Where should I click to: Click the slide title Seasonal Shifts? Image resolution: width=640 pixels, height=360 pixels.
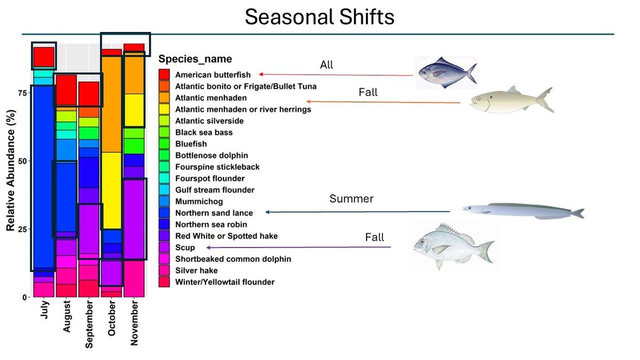point(319,17)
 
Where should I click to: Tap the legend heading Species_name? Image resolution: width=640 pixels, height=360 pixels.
point(195,59)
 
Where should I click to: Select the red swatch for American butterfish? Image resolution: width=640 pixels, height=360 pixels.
point(164,74)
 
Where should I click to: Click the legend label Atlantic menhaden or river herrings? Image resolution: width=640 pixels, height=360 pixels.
point(243,109)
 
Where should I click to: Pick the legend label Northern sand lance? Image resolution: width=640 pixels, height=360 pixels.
point(214,213)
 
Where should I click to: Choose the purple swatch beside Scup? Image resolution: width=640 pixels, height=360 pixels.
point(164,247)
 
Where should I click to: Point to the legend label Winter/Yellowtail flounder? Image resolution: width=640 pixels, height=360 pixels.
point(225,282)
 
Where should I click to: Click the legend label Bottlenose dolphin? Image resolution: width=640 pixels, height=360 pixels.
point(212,155)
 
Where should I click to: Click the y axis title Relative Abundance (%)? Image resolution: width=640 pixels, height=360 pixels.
point(10,170)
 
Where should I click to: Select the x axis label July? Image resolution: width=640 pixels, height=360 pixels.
point(44,309)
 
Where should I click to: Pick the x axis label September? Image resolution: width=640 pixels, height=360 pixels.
point(89,324)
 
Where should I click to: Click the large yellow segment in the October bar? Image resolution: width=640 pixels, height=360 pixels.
point(111,191)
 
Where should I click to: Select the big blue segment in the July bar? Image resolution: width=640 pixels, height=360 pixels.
point(44,177)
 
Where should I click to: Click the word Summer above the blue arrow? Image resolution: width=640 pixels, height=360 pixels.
point(351,199)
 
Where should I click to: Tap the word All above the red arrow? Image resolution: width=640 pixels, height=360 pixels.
point(326,65)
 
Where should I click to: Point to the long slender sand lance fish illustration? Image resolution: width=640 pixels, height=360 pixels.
point(523,211)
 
